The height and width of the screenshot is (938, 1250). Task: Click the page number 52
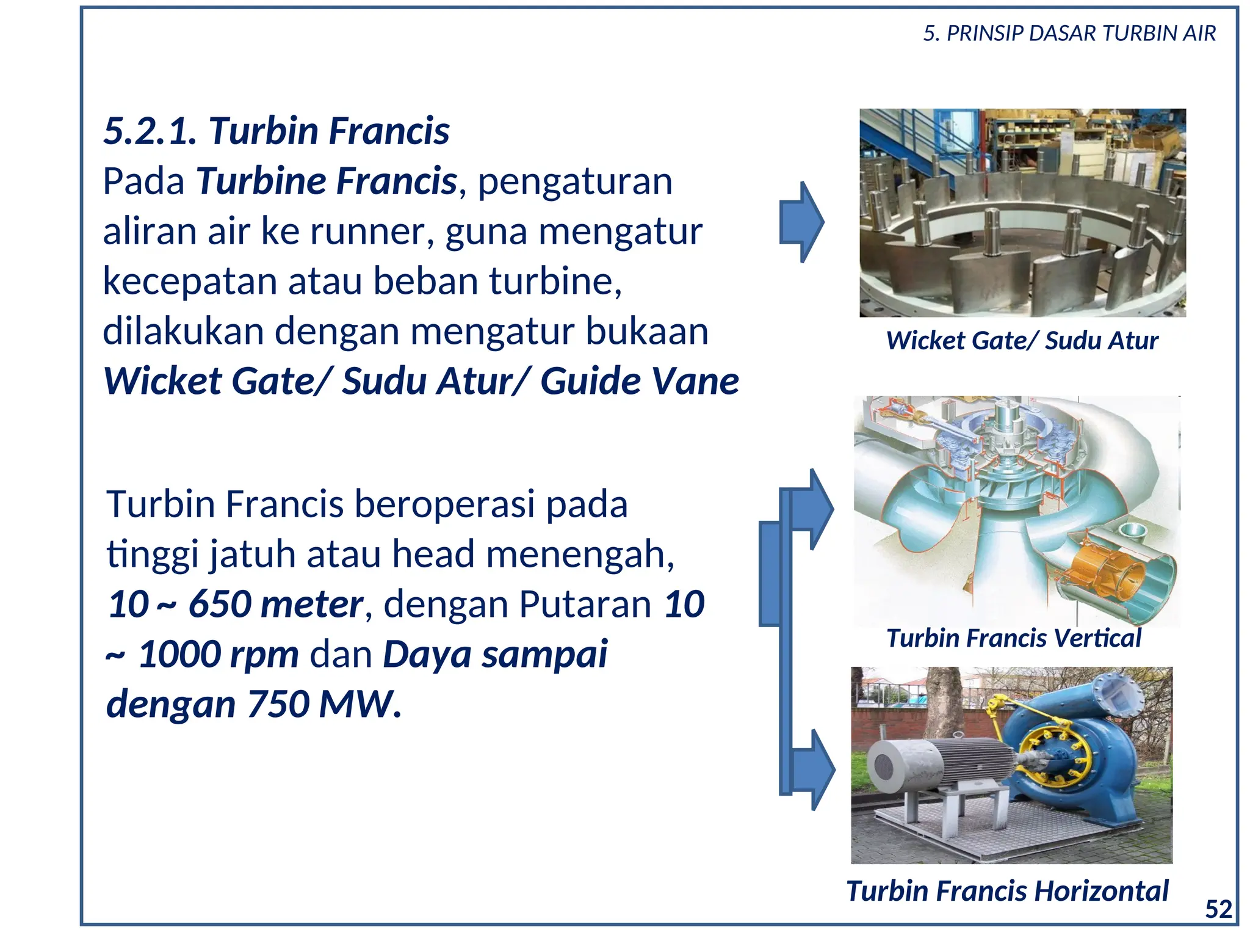(1218, 909)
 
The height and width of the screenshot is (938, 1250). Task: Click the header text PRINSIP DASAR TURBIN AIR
(1080, 34)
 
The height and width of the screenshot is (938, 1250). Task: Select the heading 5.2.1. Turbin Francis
(276, 131)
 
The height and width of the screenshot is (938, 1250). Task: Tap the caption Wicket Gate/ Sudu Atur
(1022, 341)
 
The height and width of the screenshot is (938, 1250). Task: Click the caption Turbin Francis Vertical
(1013, 638)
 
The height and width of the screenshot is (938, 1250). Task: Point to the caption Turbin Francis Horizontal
(1007, 891)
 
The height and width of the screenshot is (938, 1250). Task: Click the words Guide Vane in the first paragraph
(639, 382)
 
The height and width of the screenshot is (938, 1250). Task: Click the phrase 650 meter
(276, 605)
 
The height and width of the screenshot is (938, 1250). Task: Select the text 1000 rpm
(219, 655)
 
